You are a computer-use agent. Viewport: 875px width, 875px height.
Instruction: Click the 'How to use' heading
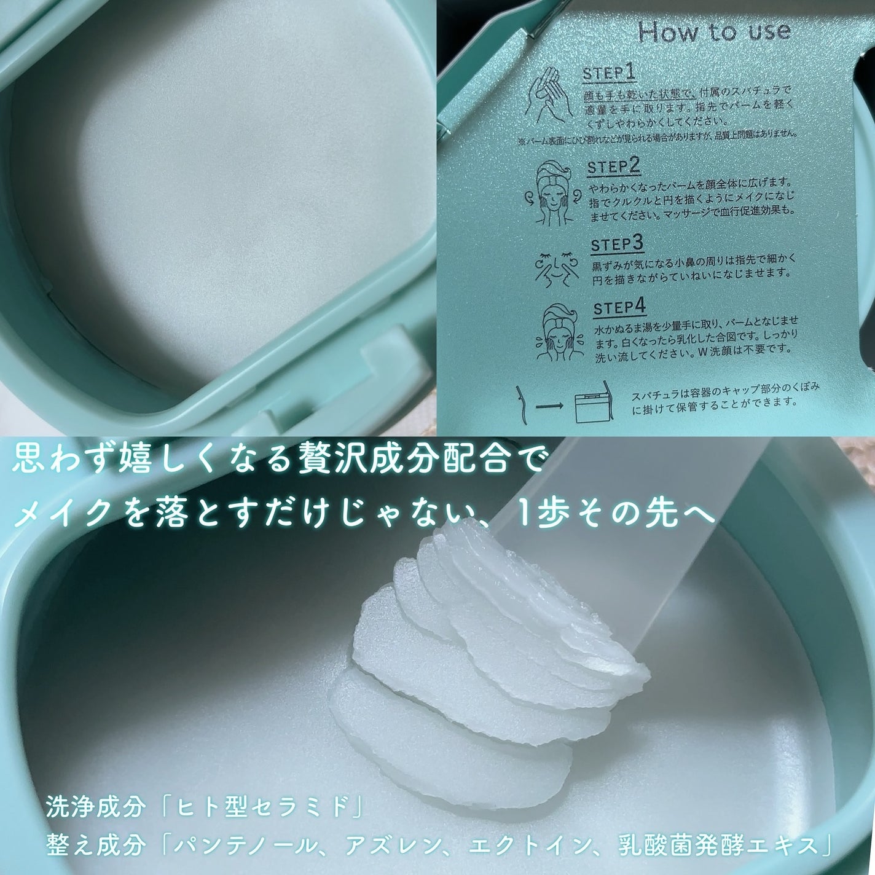tap(714, 32)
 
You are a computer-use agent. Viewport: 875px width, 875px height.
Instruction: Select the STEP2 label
tap(614, 168)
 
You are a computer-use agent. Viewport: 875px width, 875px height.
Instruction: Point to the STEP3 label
tap(617, 244)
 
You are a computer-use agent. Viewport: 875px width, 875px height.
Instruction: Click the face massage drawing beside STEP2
tap(552, 192)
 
